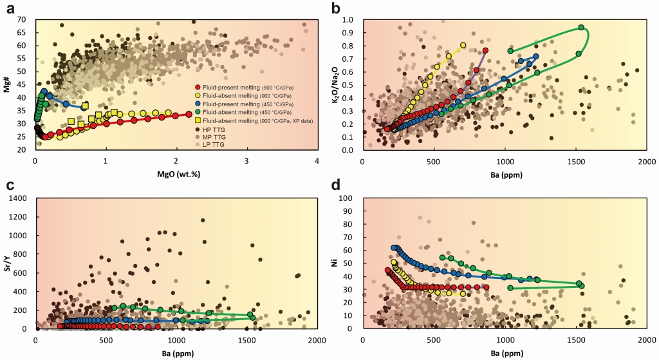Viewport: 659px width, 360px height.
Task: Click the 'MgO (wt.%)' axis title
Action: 176,171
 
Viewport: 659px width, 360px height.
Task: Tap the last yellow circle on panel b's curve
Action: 463,45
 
